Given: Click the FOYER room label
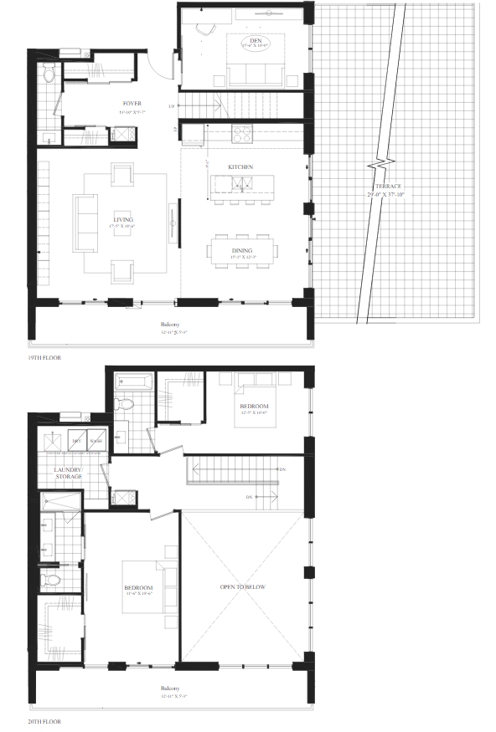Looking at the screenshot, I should (132, 104).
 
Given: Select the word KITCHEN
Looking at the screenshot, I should (240, 167).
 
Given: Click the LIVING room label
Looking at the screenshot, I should (122, 219).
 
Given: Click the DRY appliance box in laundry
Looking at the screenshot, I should (76, 440).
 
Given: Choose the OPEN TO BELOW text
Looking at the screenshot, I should (242, 586).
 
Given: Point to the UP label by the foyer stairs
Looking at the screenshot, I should (172, 106).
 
